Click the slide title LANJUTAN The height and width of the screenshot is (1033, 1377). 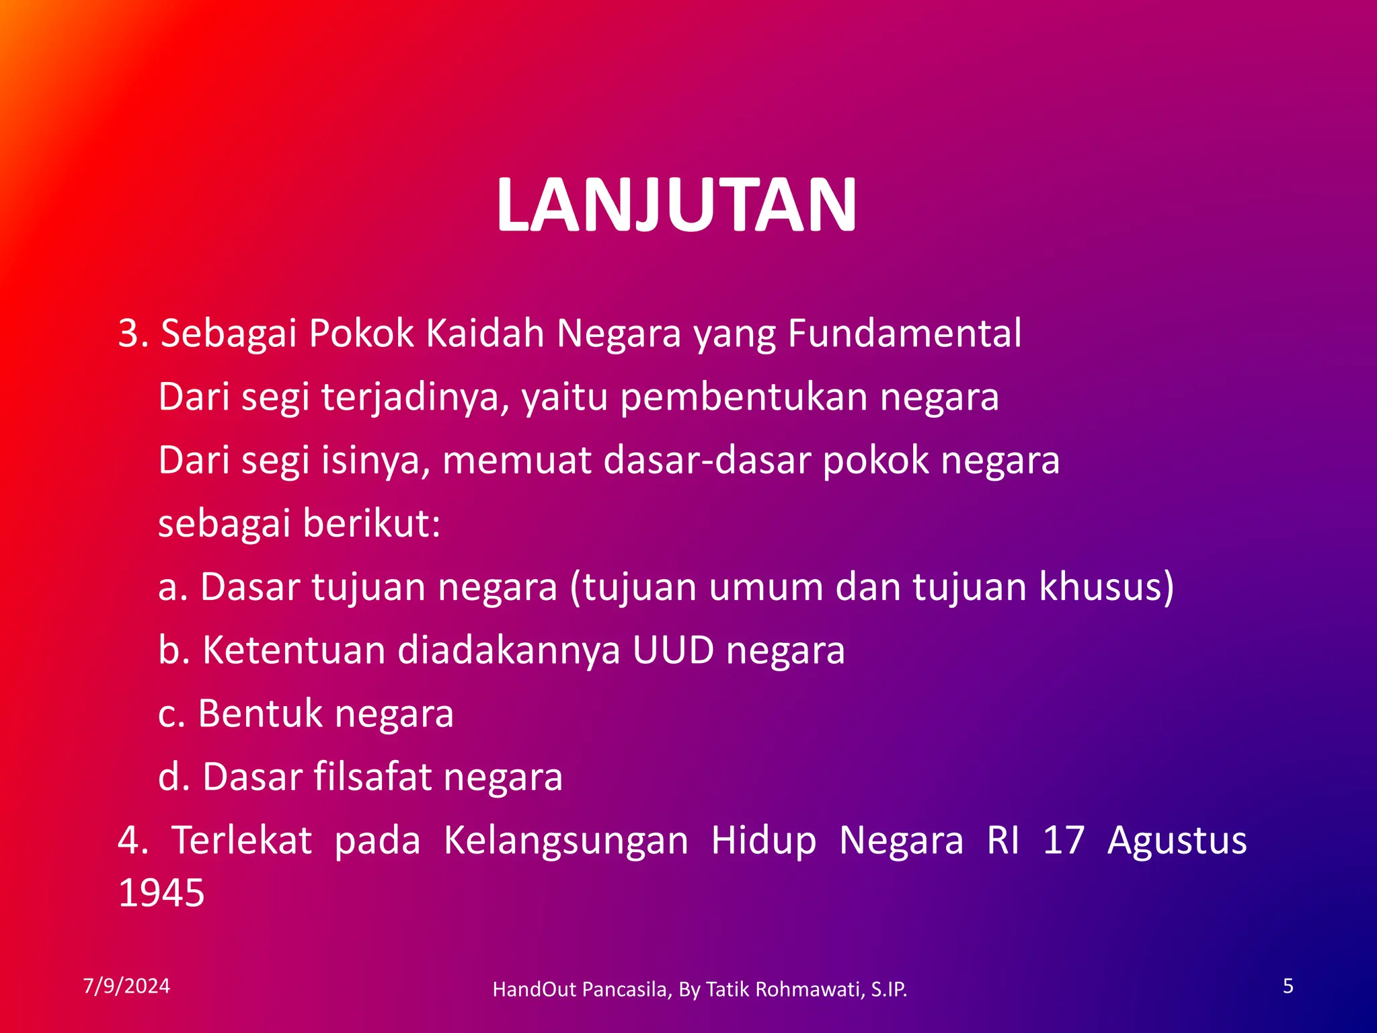pyautogui.click(x=676, y=205)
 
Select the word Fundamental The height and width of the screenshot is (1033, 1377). pyautogui.click(x=904, y=334)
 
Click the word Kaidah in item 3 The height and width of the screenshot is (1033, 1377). pyautogui.click(x=484, y=334)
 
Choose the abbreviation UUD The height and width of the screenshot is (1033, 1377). pyautogui.click(x=673, y=650)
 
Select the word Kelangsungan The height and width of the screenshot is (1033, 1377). pyautogui.click(x=566, y=841)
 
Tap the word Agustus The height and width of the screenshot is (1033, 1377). pyautogui.click(x=1177, y=841)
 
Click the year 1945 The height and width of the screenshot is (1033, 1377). pyautogui.click(x=161, y=894)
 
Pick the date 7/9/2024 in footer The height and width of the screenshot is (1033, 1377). pyautogui.click(x=126, y=986)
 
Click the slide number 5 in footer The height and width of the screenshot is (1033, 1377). pyautogui.click(x=1288, y=986)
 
